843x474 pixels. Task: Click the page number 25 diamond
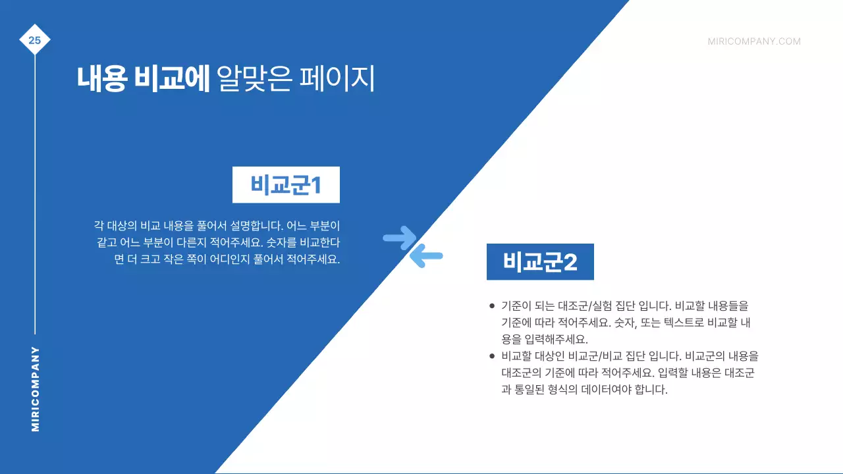click(35, 41)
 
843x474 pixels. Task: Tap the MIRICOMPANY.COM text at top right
click(754, 41)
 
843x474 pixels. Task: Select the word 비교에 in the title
click(171, 79)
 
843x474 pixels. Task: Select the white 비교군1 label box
click(286, 185)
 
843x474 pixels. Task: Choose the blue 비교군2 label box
click(540, 262)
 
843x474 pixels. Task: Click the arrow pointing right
click(399, 238)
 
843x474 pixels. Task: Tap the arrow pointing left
click(426, 255)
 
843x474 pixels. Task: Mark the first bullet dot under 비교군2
click(491, 306)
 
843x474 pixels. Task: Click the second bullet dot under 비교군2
click(491, 356)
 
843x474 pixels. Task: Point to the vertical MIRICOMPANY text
click(36, 389)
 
